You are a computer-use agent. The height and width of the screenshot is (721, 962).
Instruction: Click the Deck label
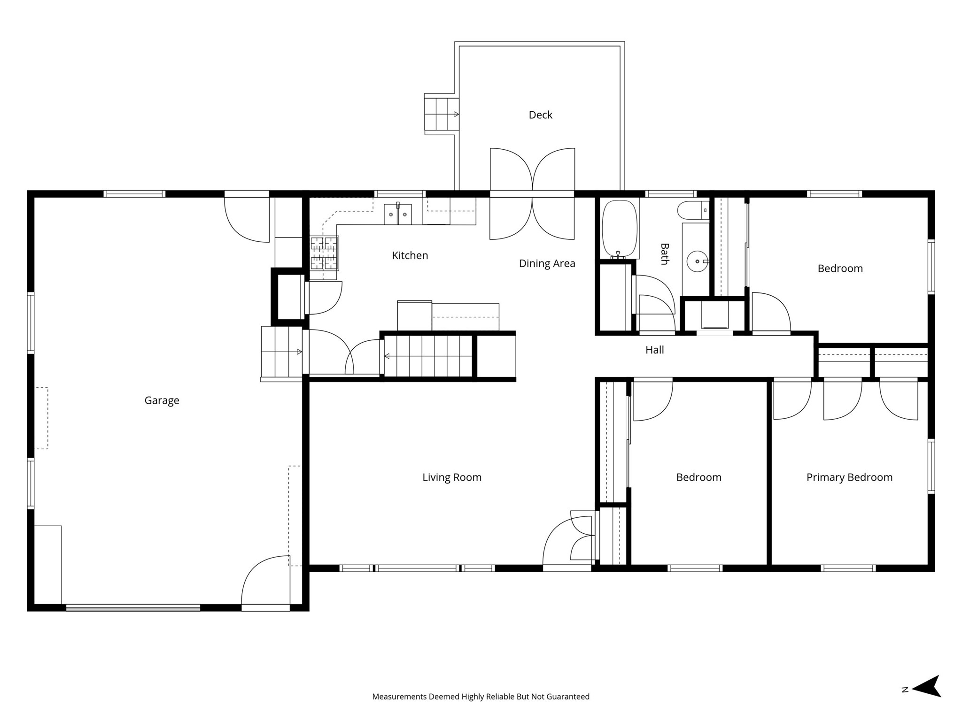click(x=540, y=115)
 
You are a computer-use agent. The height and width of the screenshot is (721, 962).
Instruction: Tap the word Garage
click(x=162, y=400)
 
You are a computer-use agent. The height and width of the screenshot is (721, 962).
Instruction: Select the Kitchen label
click(x=410, y=255)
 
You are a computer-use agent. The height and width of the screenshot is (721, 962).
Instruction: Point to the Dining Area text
click(x=547, y=263)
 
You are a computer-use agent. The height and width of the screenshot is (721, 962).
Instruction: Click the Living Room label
click(x=451, y=477)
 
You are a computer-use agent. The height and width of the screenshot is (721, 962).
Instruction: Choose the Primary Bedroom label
click(x=849, y=477)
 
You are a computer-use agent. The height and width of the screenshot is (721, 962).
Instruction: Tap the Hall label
click(x=654, y=350)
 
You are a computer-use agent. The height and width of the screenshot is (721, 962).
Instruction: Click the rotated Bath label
click(x=664, y=254)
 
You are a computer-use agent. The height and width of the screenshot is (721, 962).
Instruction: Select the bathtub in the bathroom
click(x=620, y=229)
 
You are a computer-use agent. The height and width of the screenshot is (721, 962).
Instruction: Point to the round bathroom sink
click(x=698, y=261)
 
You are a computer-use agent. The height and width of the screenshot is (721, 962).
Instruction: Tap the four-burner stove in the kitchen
click(x=324, y=253)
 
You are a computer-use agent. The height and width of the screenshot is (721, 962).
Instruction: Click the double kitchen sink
click(x=398, y=214)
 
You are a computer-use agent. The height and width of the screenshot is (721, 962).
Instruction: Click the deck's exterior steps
click(x=441, y=114)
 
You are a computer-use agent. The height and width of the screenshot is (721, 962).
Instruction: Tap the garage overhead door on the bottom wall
click(x=133, y=608)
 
